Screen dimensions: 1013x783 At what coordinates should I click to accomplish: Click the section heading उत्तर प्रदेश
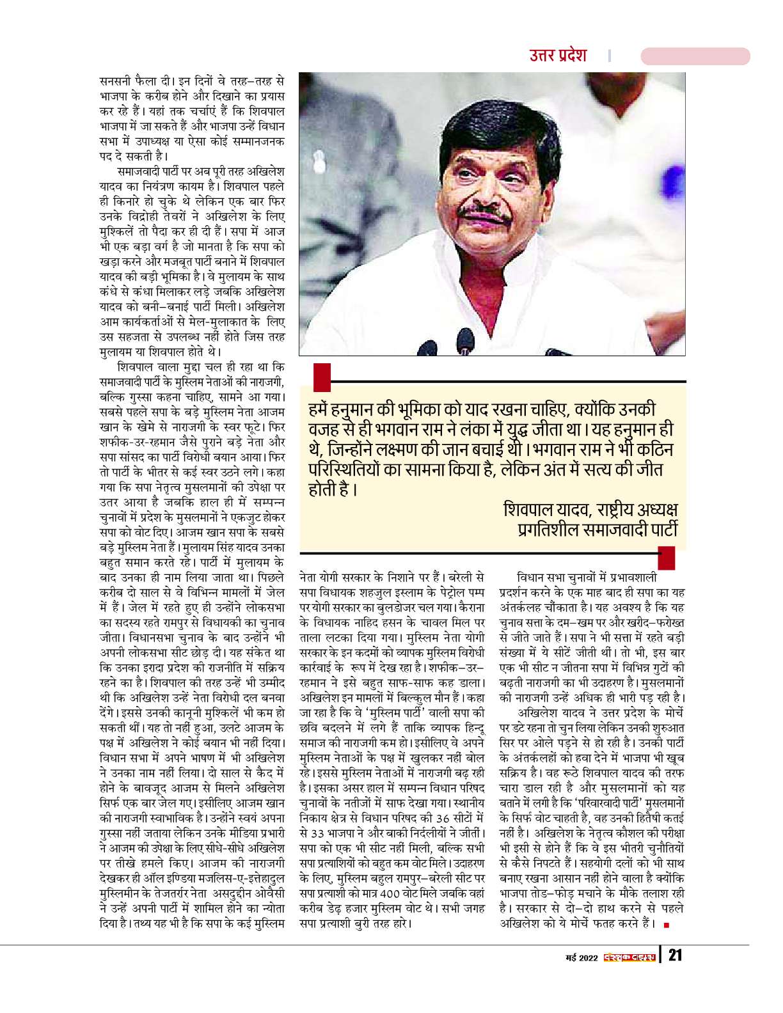[558, 55]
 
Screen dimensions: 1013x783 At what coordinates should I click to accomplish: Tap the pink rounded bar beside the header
[695, 56]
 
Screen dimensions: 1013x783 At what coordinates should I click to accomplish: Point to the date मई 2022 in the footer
[581, 957]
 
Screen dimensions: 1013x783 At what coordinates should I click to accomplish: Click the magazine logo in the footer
[629, 957]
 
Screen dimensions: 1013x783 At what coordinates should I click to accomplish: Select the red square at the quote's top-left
[322, 377]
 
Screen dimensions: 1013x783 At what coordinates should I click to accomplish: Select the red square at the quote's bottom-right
[666, 558]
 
